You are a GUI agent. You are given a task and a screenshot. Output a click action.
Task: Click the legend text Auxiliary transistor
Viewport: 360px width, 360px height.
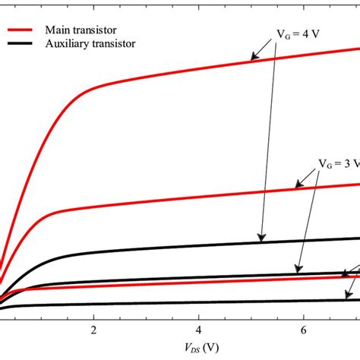point(93,44)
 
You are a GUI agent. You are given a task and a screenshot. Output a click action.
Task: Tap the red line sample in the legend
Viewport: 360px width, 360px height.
point(22,30)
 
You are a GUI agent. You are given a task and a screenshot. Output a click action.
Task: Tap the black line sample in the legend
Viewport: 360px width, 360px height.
point(22,44)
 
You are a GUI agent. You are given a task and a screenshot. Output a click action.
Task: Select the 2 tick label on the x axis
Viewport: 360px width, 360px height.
point(93,330)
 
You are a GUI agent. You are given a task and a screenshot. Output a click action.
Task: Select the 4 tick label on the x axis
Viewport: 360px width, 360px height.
point(198,330)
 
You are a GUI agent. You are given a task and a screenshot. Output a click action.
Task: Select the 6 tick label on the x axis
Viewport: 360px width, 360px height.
point(303,330)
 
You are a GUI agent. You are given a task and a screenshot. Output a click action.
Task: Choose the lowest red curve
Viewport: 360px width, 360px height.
point(190,283)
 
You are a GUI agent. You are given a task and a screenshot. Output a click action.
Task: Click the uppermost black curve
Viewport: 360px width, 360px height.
point(190,245)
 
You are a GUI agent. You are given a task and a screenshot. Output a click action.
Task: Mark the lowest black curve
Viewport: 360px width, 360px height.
point(190,302)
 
